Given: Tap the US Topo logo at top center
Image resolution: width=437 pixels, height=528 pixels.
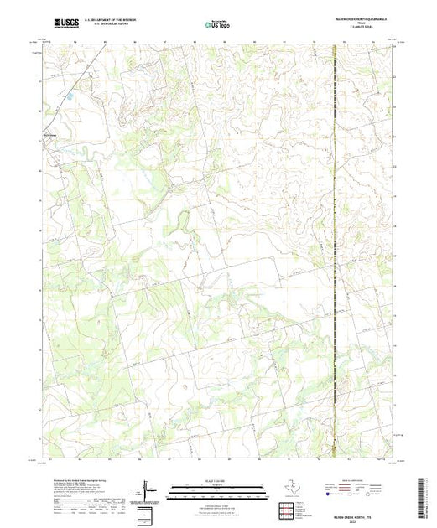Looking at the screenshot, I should pyautogui.click(x=218, y=26).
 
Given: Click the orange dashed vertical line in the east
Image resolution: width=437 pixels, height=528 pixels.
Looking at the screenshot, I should pyautogui.click(x=336, y=251).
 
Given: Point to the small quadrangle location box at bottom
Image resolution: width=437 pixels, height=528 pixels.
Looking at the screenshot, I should pyautogui.click(x=148, y=514).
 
